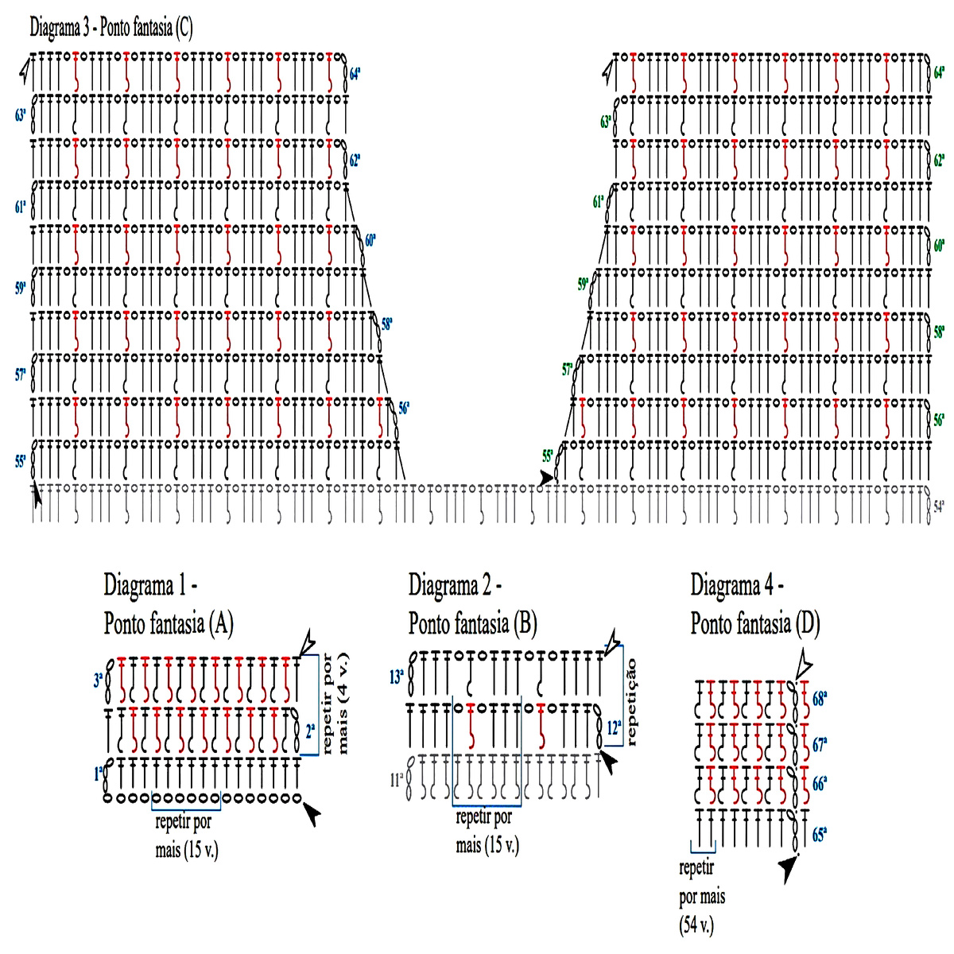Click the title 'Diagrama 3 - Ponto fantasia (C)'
pos(111,29)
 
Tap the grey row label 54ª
pos(938,506)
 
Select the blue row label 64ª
pos(355,74)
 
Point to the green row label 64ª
pos(939,72)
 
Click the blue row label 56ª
pos(404,409)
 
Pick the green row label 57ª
pos(568,370)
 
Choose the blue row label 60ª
pos(370,240)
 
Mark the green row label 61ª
pos(599,202)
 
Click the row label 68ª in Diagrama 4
pos(820,700)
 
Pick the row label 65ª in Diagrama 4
pos(820,836)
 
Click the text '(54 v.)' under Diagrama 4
pos(697,925)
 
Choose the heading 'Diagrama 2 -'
pos(455,586)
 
